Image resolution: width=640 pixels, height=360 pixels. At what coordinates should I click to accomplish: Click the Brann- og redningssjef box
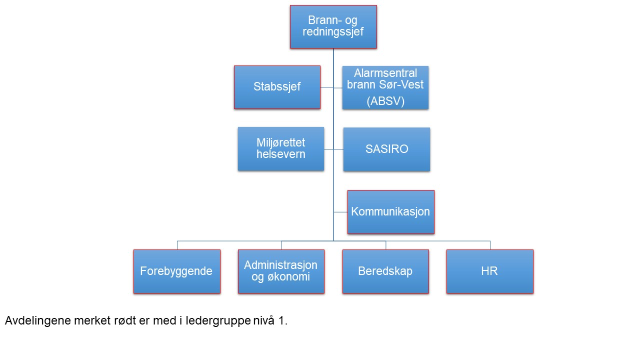(333, 27)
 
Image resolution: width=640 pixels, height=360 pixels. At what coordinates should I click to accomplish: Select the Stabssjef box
(277, 87)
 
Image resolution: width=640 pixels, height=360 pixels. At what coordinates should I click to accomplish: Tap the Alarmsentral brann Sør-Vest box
(385, 87)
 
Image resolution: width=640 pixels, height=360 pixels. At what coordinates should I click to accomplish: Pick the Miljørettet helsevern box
(281, 149)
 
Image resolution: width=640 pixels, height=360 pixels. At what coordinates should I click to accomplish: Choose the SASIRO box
(386, 149)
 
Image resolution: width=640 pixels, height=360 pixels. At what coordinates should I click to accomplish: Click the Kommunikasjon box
(391, 212)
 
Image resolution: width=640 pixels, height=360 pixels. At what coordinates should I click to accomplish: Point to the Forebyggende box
(177, 271)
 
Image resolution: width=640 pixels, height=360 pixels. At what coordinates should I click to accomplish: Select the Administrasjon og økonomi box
(281, 271)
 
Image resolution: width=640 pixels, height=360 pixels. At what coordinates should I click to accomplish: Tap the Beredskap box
(385, 271)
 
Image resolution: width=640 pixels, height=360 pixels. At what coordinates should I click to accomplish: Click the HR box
(490, 271)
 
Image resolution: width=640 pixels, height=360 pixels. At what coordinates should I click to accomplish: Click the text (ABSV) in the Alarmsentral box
(385, 101)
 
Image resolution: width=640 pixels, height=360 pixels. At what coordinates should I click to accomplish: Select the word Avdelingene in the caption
(37, 321)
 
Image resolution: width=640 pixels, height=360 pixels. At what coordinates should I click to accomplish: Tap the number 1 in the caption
(281, 321)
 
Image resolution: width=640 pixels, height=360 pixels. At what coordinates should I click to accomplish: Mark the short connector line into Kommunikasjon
(340, 212)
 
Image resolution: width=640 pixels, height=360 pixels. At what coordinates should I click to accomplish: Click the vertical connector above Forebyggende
(177, 245)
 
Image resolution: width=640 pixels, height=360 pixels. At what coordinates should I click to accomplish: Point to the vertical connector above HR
(490, 245)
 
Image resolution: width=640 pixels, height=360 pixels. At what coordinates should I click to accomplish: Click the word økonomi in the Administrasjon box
(288, 277)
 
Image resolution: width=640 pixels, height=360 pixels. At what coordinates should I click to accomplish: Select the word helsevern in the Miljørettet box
(281, 154)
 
